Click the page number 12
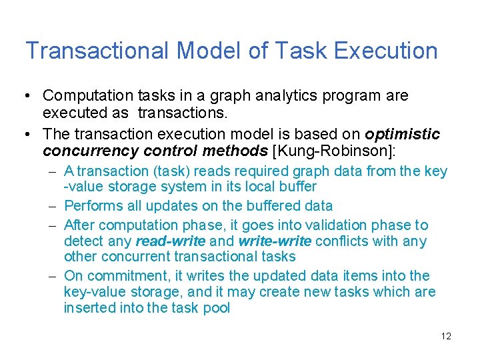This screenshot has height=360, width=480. pyautogui.click(x=446, y=336)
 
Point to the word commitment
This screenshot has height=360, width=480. pyautogui.click(x=117, y=276)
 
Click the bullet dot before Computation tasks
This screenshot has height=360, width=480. pyautogui.click(x=27, y=96)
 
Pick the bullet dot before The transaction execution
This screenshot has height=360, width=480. pyautogui.click(x=27, y=134)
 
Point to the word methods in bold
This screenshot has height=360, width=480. pyautogui.click(x=233, y=150)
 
